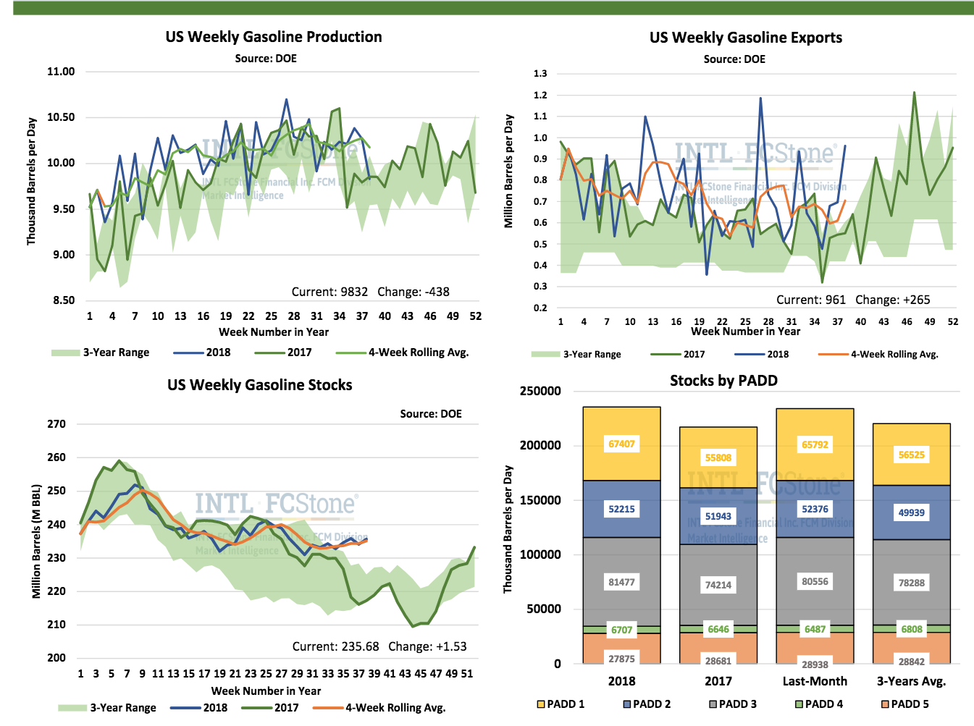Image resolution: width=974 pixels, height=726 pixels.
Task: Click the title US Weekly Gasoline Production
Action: pyautogui.click(x=273, y=37)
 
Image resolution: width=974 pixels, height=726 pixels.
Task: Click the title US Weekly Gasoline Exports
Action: pyautogui.click(x=745, y=38)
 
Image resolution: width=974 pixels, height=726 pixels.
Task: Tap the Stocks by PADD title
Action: pyautogui.click(x=723, y=381)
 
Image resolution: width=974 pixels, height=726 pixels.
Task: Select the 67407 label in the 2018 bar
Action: pyautogui.click(x=621, y=444)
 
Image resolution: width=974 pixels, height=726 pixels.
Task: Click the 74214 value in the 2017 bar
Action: pyautogui.click(x=718, y=585)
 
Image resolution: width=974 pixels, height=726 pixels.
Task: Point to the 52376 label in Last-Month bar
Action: pyautogui.click(x=815, y=509)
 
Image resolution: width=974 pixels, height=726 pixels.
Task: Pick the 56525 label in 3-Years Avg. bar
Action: pyautogui.click(x=911, y=455)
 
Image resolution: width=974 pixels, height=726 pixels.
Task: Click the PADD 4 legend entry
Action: pyautogui.click(x=818, y=704)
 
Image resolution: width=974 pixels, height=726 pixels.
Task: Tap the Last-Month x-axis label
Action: pyautogui.click(x=815, y=681)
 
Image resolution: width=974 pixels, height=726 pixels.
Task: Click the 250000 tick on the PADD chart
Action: pyautogui.click(x=540, y=391)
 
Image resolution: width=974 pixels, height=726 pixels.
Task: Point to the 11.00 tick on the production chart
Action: pyautogui.click(x=61, y=72)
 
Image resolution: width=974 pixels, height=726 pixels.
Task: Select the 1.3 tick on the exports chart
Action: pyautogui.click(x=540, y=74)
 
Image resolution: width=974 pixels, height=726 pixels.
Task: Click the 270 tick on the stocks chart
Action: pyautogui.click(x=56, y=424)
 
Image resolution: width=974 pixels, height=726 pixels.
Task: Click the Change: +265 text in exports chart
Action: pyautogui.click(x=892, y=300)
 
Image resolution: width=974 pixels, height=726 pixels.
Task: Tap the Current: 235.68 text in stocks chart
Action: pyautogui.click(x=335, y=646)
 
